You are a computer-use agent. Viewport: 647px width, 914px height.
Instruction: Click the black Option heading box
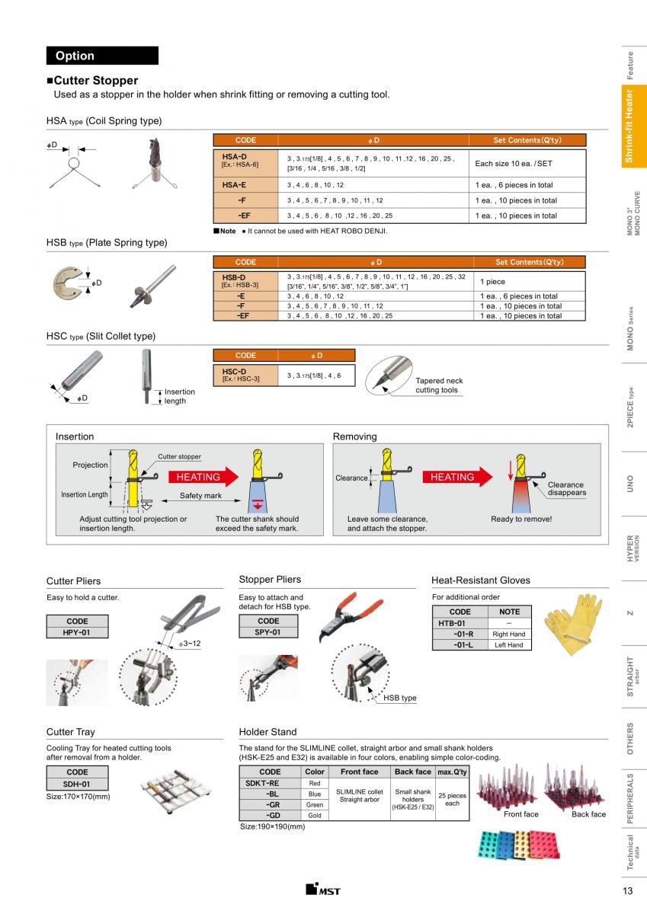[102, 56]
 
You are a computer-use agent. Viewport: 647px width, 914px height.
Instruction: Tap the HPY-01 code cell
[77, 632]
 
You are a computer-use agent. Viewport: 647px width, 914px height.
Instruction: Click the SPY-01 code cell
[268, 632]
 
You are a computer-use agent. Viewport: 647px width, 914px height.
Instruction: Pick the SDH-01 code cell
[77, 784]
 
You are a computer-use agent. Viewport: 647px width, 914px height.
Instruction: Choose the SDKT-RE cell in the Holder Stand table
[263, 783]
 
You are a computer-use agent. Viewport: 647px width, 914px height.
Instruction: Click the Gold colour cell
[315, 815]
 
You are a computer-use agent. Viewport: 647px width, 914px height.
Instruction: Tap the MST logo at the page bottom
[323, 890]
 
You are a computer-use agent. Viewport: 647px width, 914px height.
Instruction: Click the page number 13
[627, 891]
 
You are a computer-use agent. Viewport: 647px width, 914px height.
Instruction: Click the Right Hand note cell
[509, 634]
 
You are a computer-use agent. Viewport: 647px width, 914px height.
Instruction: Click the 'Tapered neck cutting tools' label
[439, 385]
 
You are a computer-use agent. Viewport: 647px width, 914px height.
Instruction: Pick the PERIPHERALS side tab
[630, 797]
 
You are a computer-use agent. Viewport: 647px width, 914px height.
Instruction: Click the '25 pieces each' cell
[452, 799]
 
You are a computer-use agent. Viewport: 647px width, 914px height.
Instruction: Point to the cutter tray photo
[170, 792]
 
